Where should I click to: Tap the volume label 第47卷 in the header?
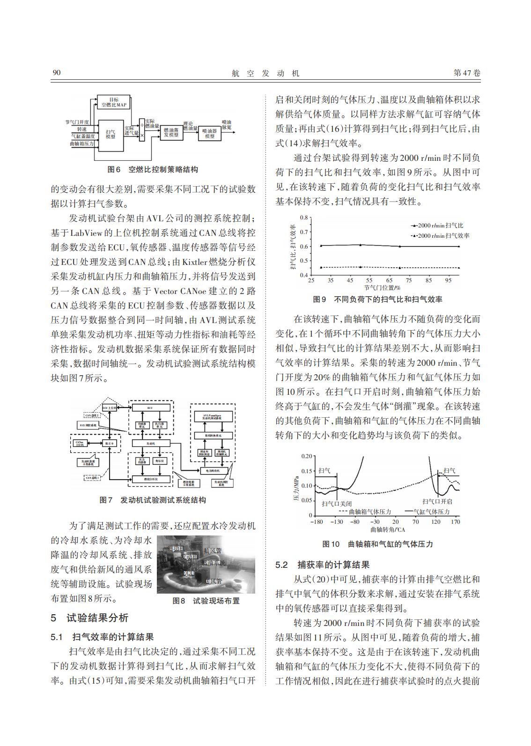[x=467, y=73]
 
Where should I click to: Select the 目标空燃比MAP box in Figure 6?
[x=114, y=103]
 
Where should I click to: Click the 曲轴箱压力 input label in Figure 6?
[x=81, y=144]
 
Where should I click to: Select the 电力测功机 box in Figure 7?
[x=214, y=470]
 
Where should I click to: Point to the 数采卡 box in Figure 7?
[x=109, y=443]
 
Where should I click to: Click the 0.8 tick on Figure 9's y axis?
[x=304, y=218]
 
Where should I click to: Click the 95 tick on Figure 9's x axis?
[x=448, y=280]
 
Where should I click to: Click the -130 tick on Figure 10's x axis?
[x=336, y=522]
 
